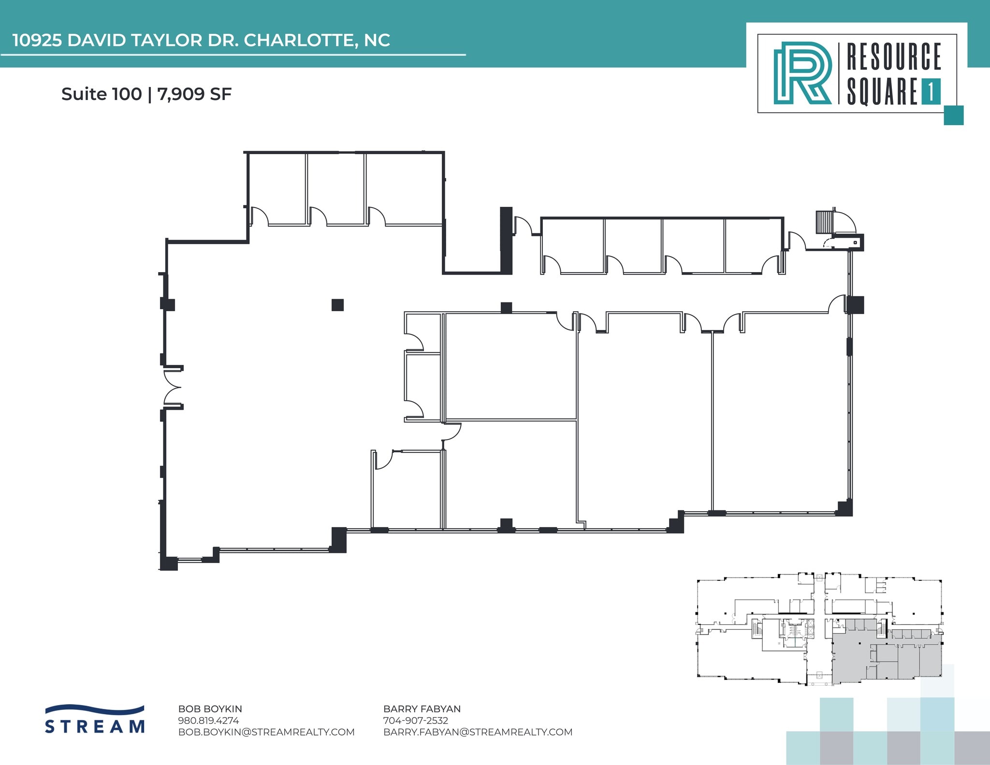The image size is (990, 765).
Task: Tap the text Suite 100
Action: click(x=102, y=94)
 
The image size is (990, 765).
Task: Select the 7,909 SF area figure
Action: click(x=194, y=94)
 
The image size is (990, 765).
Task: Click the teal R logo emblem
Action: click(x=802, y=73)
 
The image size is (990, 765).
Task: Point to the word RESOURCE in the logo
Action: click(x=893, y=57)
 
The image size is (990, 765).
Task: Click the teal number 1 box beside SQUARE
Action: click(x=931, y=91)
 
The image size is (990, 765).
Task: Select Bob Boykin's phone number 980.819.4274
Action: click(x=208, y=721)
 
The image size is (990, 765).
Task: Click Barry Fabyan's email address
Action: click(x=478, y=732)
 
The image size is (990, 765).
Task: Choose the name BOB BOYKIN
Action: click(x=210, y=709)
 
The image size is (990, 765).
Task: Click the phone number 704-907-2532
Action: click(x=415, y=721)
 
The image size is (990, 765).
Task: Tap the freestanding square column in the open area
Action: click(x=337, y=305)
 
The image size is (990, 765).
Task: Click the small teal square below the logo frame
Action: click(x=953, y=115)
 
